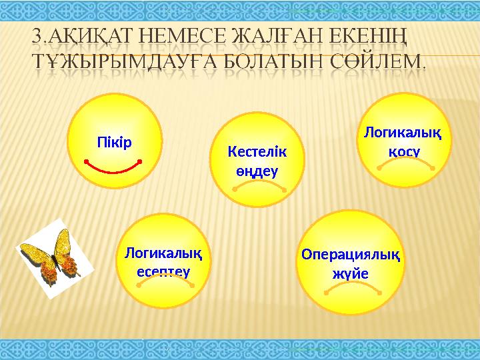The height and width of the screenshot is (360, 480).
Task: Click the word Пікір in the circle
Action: coord(115,143)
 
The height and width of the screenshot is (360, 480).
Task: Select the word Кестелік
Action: coord(257,153)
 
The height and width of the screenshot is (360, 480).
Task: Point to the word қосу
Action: coord(404,150)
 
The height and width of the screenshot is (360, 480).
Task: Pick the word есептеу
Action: coord(163,271)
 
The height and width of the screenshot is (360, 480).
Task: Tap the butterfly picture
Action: coord(51,255)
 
